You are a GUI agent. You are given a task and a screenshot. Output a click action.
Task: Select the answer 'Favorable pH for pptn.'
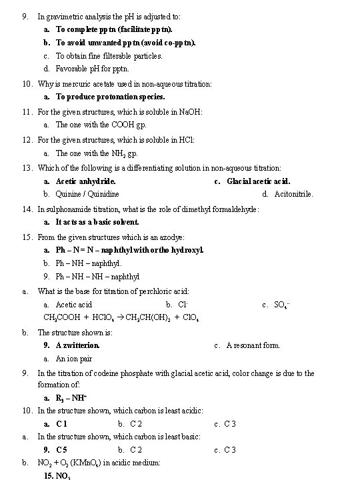click(92, 69)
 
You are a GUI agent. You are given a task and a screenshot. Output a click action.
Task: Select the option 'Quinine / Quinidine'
click(87, 194)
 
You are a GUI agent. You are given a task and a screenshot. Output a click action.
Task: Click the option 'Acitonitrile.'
click(293, 194)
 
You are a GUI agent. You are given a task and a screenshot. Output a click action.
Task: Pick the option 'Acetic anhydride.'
click(85, 181)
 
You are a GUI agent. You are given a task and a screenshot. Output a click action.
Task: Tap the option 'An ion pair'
click(74, 359)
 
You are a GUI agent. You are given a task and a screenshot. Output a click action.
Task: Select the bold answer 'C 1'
click(62, 424)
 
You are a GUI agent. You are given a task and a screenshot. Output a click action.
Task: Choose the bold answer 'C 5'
click(61, 450)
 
